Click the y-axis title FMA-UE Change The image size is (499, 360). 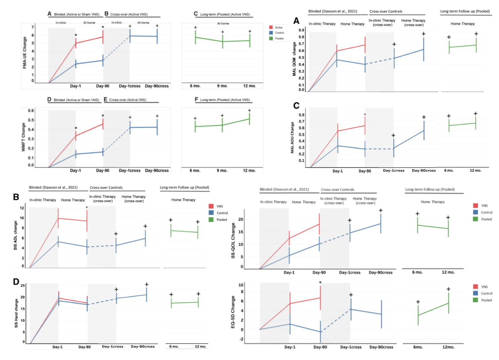(x=25, y=53)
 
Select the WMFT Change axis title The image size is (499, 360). (x=24, y=137)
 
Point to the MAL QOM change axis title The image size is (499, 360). (x=294, y=59)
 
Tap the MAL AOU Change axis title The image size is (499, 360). (x=292, y=138)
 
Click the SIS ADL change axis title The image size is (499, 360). (x=16, y=235)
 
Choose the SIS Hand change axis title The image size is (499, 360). (x=16, y=313)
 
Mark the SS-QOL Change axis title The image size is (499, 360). (x=233, y=240)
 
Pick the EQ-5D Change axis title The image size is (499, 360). (x=233, y=313)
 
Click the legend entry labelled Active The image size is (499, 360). (x=278, y=27)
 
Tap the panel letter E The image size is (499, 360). (x=105, y=100)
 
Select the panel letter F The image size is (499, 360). (x=196, y=100)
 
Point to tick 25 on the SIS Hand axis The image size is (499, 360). (x=23, y=286)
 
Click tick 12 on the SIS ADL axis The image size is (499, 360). (x=22, y=208)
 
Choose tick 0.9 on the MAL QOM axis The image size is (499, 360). (x=301, y=30)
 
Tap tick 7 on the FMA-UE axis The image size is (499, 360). (x=33, y=27)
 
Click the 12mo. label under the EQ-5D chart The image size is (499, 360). (x=448, y=347)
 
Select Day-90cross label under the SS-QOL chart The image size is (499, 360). (x=380, y=272)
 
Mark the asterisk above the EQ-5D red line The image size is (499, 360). (x=320, y=283)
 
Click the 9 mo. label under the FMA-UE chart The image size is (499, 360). (x=222, y=86)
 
